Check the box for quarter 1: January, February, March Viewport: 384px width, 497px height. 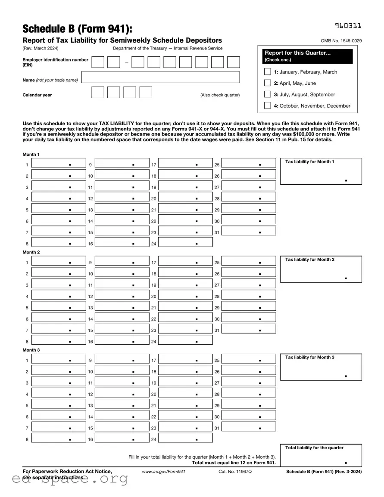(x=268, y=72)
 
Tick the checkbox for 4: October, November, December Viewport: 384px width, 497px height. (x=268, y=106)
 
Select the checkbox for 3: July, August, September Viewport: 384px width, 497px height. (x=268, y=95)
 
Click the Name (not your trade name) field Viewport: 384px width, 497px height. (x=160, y=78)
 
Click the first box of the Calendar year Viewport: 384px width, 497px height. (x=98, y=93)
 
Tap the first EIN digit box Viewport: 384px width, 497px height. (x=98, y=62)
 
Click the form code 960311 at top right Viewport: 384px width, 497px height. (x=348, y=26)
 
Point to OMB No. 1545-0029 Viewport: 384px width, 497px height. (x=341, y=41)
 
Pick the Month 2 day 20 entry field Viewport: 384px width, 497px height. (x=185, y=296)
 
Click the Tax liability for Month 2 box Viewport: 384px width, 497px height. (x=321, y=270)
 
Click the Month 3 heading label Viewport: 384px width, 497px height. (x=31, y=350)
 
